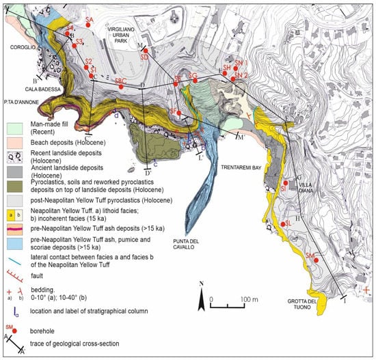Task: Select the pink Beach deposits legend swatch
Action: pyautogui.click(x=14, y=139)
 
